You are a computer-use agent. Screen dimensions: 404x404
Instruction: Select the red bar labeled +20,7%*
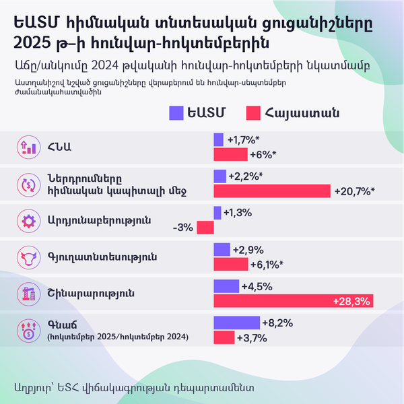272,191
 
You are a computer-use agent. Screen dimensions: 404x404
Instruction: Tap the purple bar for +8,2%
236,323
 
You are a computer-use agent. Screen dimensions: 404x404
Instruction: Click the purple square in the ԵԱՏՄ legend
177,113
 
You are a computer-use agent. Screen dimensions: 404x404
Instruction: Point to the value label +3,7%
252,337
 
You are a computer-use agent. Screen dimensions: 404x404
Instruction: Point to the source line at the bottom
133,386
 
